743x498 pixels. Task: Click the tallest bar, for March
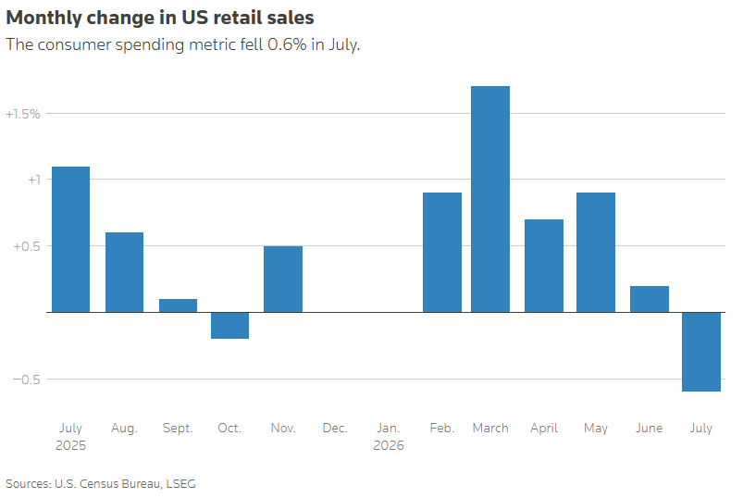coord(490,199)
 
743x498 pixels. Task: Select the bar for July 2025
coord(70,240)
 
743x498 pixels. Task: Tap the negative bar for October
coord(229,326)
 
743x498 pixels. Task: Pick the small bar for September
coord(178,305)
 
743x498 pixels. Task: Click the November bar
coord(283,280)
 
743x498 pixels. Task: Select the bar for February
coord(442,253)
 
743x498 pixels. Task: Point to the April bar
coord(544,266)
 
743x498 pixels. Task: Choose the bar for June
coord(650,299)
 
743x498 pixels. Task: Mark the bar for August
coord(124,272)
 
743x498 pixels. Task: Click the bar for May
coord(596,253)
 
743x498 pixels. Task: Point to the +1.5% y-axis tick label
coord(23,114)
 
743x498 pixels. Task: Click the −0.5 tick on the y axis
coord(27,380)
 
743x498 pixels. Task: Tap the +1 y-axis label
coord(34,181)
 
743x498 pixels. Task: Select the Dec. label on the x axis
coord(335,429)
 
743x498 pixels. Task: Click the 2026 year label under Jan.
coord(389,445)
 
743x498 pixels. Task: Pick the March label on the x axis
coord(490,429)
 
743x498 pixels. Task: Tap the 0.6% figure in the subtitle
coord(287,44)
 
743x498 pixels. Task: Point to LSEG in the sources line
coord(181,484)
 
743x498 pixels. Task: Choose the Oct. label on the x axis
coord(229,429)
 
